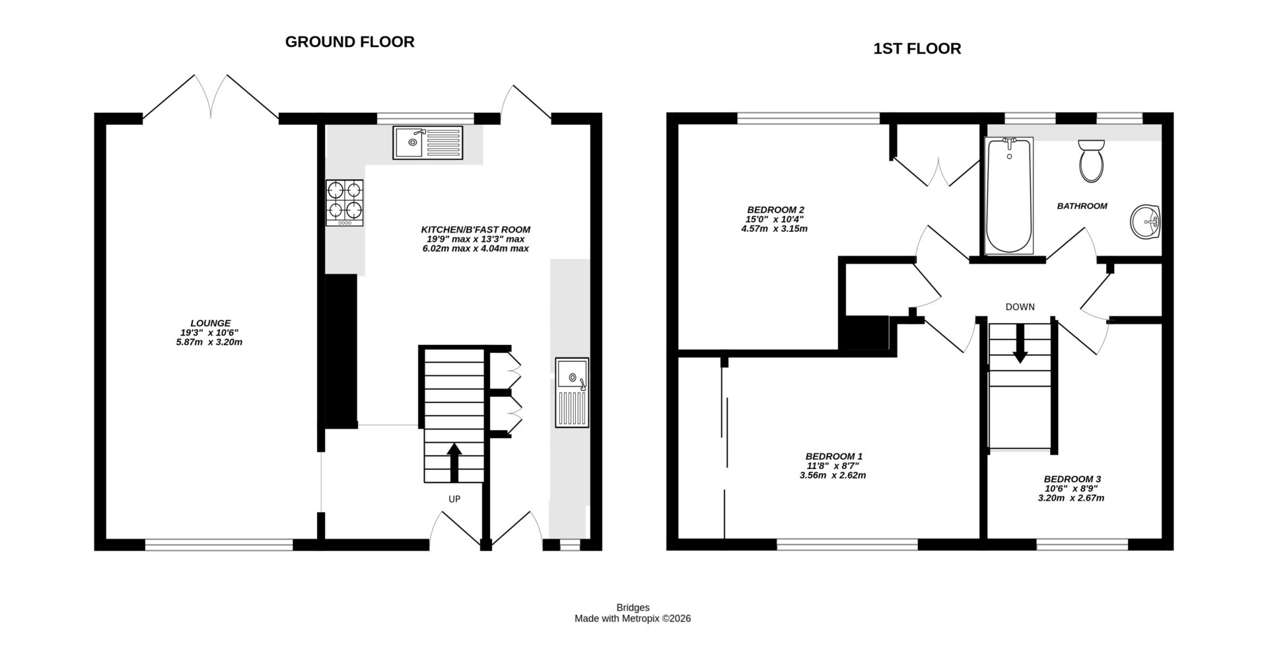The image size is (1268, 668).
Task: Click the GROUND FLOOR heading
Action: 349,42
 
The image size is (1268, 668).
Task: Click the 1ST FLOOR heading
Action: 917,48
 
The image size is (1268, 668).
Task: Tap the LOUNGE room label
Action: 211,323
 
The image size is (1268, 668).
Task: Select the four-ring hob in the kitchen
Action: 345,204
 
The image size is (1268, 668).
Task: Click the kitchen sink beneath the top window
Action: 428,143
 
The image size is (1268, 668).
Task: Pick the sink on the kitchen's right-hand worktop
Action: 571,392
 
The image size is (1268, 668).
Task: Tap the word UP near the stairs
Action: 454,499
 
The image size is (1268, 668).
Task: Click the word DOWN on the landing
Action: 1020,307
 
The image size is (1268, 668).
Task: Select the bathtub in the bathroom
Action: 1008,196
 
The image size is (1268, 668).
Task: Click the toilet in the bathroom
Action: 1090,161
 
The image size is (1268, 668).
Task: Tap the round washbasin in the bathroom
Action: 1145,222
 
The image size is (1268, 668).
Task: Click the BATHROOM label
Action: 1082,206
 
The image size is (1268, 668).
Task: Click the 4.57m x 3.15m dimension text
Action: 774,229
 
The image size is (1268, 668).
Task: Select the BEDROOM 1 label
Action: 833,456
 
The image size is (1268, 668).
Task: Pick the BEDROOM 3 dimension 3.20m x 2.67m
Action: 1071,498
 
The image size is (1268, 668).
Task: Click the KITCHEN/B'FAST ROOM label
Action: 475,229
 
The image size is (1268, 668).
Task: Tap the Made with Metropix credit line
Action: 632,618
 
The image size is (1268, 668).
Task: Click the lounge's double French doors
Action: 211,99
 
